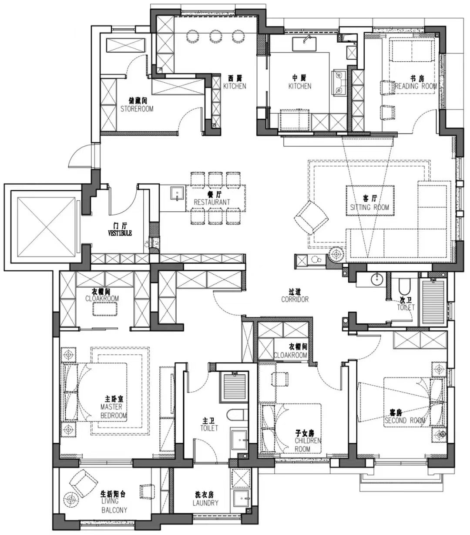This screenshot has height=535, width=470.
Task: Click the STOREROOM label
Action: tap(137, 109)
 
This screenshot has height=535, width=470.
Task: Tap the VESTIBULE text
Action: tap(120, 233)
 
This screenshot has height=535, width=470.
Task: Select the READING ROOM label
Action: tap(416, 86)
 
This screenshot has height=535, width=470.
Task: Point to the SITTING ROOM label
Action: tap(369, 207)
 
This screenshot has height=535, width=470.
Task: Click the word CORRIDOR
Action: tap(295, 299)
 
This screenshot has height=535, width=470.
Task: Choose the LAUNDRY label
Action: tap(205, 503)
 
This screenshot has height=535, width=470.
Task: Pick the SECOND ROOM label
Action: tap(405, 421)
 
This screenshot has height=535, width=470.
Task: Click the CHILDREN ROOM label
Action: tap(308, 444)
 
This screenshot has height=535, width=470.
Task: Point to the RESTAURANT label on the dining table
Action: tap(212, 202)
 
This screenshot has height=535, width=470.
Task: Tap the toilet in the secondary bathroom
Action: tap(404, 287)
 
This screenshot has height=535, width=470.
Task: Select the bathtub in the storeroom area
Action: tap(126, 46)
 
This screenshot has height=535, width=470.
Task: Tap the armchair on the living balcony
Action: tap(83, 482)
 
